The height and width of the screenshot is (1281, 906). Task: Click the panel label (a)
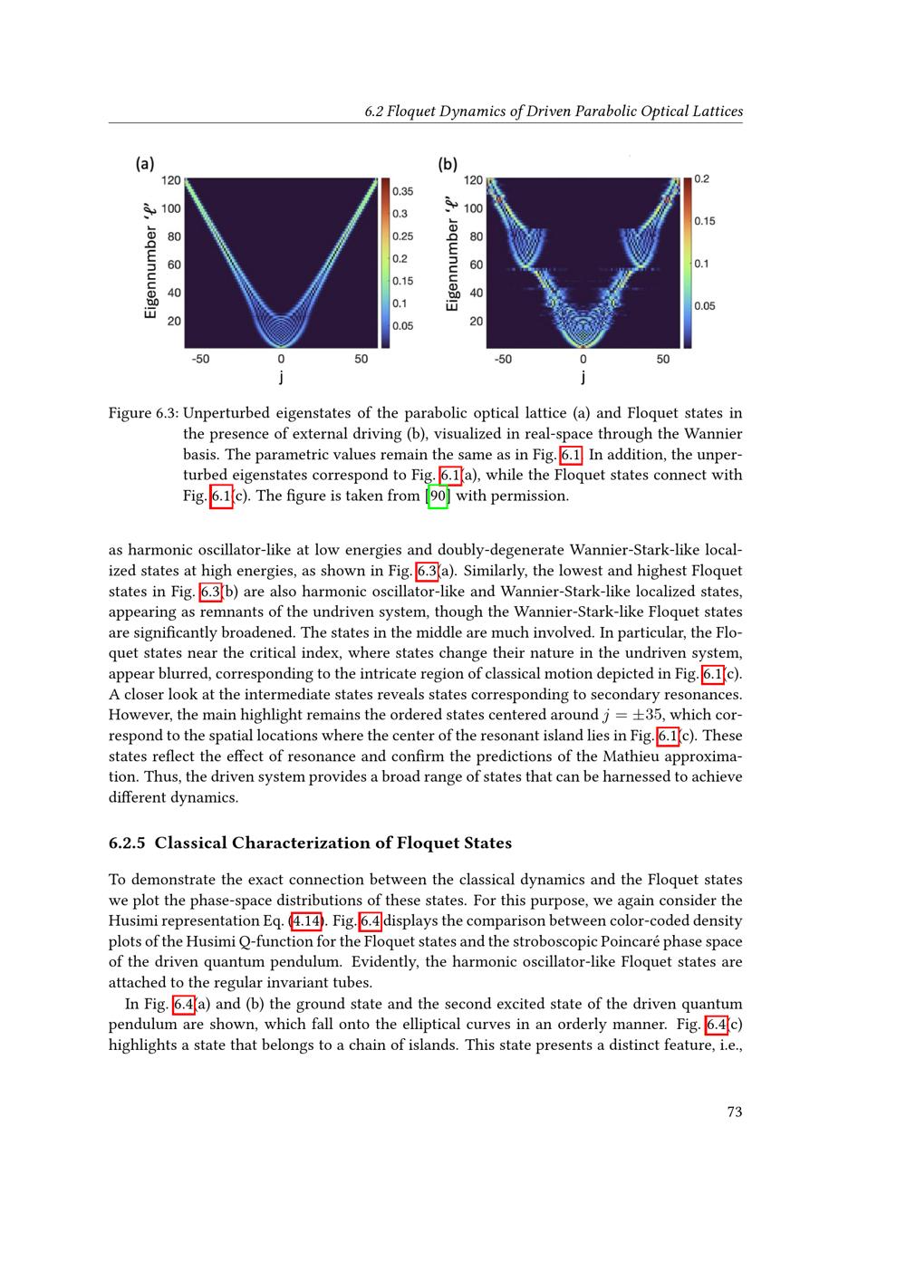(x=145, y=164)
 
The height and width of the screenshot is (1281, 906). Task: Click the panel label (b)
(x=448, y=164)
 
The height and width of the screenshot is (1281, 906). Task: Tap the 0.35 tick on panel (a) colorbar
(x=401, y=191)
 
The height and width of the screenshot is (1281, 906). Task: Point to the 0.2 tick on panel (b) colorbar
(x=702, y=179)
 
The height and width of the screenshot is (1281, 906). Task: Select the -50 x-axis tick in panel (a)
(x=200, y=359)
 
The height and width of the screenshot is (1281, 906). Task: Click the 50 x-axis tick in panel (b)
(x=663, y=359)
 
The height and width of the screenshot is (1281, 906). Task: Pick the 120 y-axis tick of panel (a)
(x=170, y=180)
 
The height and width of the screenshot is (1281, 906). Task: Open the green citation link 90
(x=438, y=496)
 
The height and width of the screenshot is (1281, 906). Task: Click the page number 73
(x=734, y=1112)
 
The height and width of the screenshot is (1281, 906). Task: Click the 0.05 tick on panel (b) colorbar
(x=704, y=306)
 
